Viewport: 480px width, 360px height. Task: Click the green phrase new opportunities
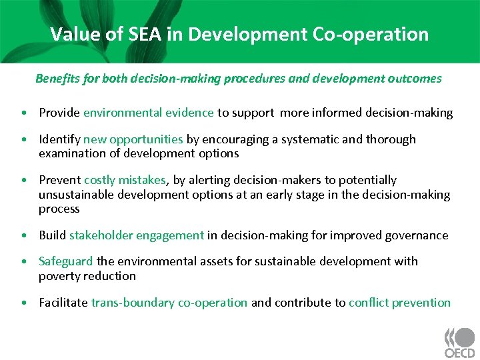coord(133,139)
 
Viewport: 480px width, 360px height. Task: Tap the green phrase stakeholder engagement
coord(137,235)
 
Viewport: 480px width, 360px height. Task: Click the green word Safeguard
coord(66,261)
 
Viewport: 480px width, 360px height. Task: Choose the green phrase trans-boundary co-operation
coord(169,303)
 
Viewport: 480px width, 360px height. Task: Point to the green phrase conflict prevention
coord(399,303)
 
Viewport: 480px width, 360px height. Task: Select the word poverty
coord(59,276)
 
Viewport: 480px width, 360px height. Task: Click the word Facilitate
coord(63,303)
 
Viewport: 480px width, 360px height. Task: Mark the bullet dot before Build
coord(24,236)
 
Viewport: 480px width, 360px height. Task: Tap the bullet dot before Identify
coord(24,140)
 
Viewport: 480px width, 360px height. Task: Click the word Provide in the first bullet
coord(59,113)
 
